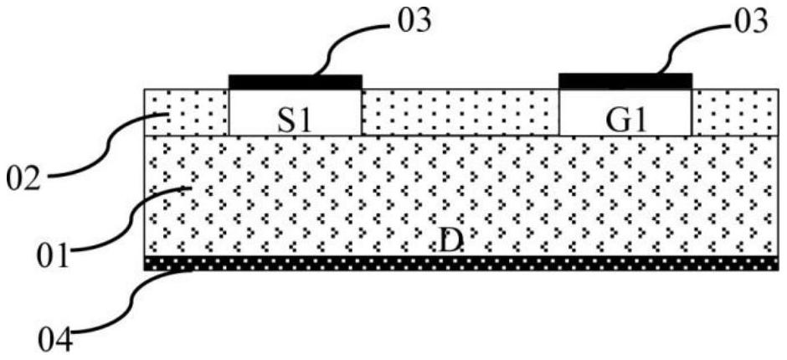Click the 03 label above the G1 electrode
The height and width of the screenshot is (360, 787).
point(748,21)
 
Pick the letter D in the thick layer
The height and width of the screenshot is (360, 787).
point(450,243)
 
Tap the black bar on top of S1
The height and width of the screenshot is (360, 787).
point(295,82)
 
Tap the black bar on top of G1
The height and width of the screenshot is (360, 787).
point(625,80)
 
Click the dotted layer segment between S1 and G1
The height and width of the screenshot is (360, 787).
point(460,111)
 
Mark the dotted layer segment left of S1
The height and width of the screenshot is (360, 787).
point(186,111)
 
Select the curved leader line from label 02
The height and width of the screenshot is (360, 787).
point(109,151)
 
